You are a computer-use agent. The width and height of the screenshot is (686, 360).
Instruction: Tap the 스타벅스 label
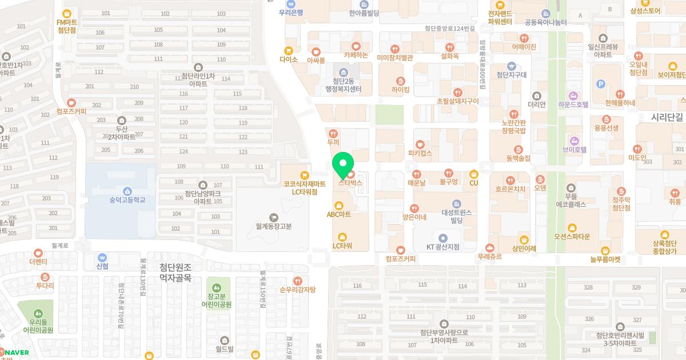tap(350, 183)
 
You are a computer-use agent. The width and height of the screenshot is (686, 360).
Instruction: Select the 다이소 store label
tap(289, 59)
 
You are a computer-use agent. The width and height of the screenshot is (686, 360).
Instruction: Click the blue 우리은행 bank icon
tap(291, 3)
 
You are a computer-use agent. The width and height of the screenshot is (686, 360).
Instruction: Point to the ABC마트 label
tap(338, 214)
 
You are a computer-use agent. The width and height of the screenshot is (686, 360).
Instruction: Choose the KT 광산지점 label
tap(443, 247)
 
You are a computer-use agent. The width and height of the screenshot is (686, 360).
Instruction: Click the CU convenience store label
tap(473, 183)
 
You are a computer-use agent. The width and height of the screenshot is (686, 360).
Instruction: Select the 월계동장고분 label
tap(274, 226)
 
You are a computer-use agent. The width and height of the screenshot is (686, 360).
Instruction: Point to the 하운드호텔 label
tap(573, 104)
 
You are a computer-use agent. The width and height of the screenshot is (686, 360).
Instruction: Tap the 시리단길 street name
tap(667, 117)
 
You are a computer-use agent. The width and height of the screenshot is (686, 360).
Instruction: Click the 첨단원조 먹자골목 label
tap(175, 273)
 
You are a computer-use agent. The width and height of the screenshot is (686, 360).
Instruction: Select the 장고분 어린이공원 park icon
tap(216, 286)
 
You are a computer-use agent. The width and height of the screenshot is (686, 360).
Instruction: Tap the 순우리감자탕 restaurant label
tap(297, 289)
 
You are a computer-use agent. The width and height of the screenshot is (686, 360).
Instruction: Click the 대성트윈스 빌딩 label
tap(456, 216)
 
